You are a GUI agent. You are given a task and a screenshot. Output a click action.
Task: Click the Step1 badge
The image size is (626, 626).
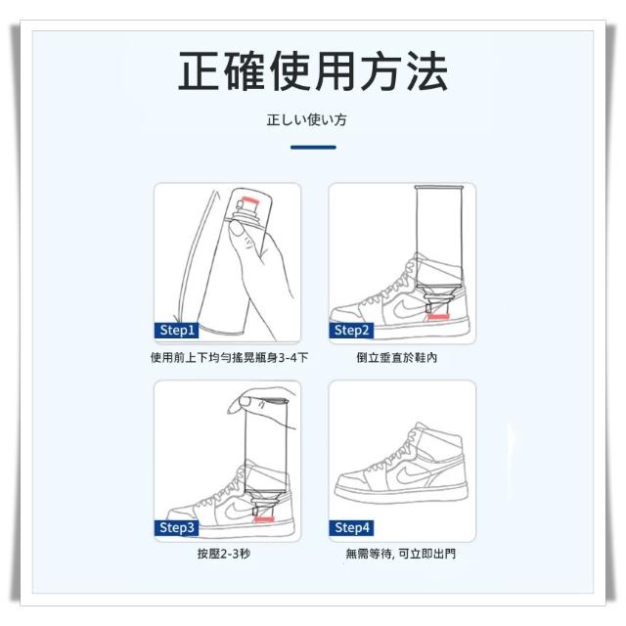pos(176,331)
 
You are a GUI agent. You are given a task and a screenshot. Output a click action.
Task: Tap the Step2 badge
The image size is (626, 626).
pos(351,331)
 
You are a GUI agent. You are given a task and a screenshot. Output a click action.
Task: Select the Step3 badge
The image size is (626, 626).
pos(176,527)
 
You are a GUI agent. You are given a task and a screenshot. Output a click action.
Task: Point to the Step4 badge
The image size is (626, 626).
pos(351,527)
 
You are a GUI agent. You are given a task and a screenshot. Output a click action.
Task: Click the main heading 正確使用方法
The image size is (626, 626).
pos(313,71)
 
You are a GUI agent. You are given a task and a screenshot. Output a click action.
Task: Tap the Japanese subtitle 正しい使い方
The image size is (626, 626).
pos(306,119)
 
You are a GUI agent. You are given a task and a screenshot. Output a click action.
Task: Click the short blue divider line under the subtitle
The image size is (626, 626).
pos(313,148)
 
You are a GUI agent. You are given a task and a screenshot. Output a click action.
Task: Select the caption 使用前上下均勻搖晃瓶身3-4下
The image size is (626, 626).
pos(229,357)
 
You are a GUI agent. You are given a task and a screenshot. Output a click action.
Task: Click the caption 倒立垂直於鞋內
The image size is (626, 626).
pos(397,357)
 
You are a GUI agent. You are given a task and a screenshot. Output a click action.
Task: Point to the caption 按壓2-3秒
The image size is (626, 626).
pos(224,554)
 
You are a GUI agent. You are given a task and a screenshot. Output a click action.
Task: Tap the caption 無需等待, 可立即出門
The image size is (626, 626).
pos(400,554)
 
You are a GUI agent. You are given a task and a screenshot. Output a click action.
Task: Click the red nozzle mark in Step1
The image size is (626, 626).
pos(248,200)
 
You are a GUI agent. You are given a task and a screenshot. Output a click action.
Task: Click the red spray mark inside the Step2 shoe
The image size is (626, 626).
pos(438,317)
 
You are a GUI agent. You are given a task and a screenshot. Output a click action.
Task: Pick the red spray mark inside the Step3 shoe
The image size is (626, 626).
pos(264,519)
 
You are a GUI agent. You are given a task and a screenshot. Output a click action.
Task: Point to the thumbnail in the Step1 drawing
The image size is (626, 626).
pos(237,228)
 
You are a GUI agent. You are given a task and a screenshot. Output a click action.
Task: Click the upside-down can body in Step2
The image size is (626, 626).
pos(439,236)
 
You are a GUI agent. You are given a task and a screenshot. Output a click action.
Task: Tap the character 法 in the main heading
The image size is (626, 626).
pos(427,71)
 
